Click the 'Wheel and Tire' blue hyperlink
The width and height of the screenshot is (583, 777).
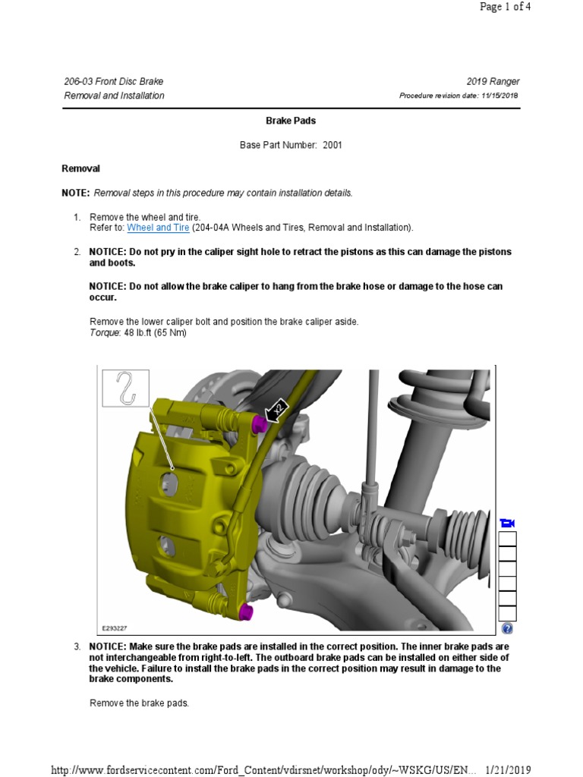[x=158, y=228]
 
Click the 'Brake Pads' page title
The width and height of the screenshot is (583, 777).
[x=291, y=121]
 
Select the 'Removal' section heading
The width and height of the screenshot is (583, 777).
[x=80, y=168]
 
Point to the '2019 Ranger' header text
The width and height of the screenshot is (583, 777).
[x=493, y=82]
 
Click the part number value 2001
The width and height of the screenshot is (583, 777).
[x=332, y=145]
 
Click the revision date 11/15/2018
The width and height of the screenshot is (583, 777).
[x=499, y=96]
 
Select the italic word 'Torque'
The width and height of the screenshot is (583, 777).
[x=105, y=332]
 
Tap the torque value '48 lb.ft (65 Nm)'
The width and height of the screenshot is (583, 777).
[x=155, y=332]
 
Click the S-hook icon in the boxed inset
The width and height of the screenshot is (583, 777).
[x=126, y=388]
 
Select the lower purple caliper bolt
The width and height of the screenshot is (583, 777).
[x=245, y=611]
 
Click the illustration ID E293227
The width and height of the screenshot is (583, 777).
[x=117, y=628]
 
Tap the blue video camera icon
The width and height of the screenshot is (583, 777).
[x=508, y=524]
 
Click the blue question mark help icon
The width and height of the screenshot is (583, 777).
[x=508, y=628]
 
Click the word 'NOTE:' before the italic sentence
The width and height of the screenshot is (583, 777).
[x=75, y=193]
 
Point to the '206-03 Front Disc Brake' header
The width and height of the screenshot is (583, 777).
[x=114, y=82]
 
